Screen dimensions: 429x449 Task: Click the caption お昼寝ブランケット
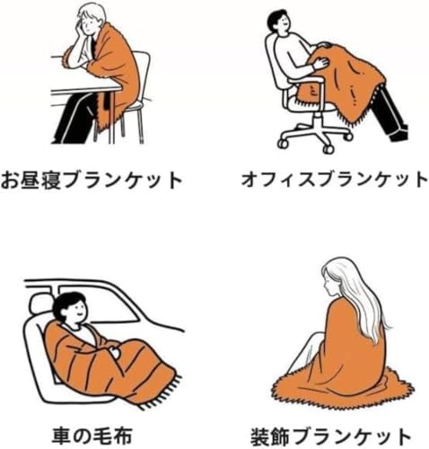point(92,180)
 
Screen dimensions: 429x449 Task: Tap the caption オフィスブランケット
point(335,180)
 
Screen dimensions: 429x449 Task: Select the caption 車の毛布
point(92,436)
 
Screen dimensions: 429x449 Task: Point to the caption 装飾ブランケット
point(330,436)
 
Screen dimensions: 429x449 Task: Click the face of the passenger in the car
point(78,312)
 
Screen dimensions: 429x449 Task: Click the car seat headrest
point(40,303)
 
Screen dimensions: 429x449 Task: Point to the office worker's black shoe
point(399,135)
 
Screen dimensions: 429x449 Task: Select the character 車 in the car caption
point(61,436)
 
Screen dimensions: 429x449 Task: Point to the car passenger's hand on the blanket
point(114,352)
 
